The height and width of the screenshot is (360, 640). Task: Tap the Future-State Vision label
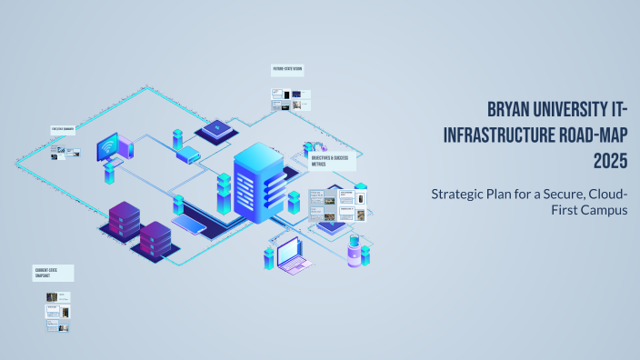point(287,69)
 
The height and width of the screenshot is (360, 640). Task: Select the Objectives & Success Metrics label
point(332,161)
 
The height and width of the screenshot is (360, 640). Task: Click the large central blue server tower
point(258,186)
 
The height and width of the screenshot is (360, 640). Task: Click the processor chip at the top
point(215,131)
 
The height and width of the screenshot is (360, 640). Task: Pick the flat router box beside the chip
point(188,155)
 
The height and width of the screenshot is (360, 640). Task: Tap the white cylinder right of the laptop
point(353,256)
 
